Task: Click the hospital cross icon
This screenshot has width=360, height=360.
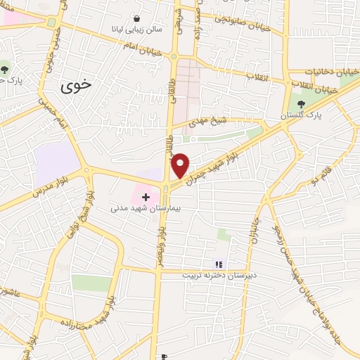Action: [146, 196]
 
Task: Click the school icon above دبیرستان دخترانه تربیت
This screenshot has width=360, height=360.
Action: [218, 264]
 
